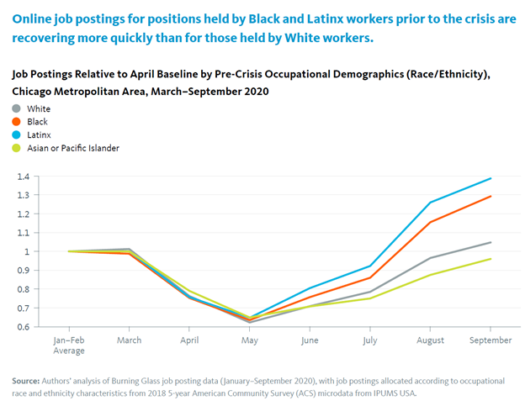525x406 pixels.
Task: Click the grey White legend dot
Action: [16, 108]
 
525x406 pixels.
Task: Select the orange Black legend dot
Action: [16, 122]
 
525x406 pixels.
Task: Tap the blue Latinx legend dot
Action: [16, 135]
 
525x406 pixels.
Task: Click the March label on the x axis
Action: [129, 340]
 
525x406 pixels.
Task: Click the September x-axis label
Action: [490, 340]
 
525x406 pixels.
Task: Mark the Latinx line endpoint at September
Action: [491, 178]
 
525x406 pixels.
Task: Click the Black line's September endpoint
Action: [491, 196]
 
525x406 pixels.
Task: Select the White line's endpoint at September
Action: [491, 242]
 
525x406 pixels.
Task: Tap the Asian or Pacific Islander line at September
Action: [491, 259]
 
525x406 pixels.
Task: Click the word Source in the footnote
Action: [28, 381]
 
